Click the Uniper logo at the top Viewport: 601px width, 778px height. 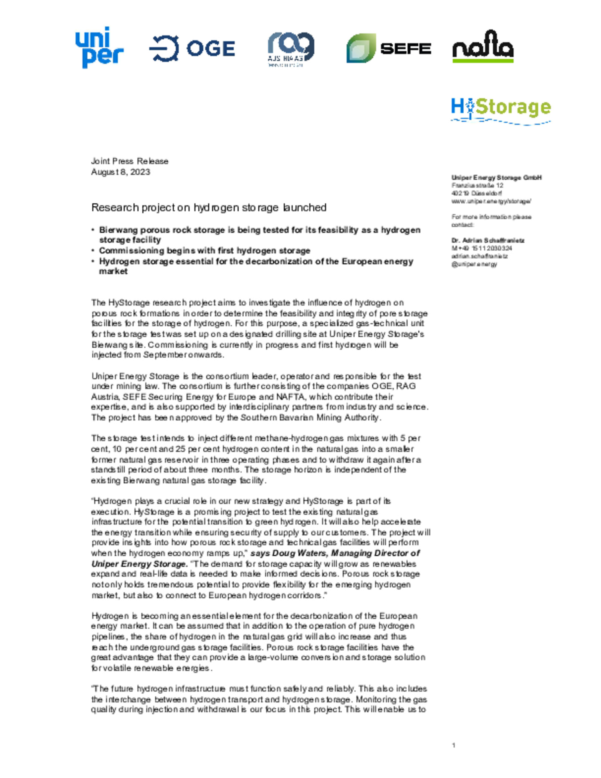pos(99,47)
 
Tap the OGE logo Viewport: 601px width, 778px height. pos(192,48)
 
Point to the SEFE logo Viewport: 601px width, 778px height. pos(389,48)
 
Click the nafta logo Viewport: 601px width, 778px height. pos(483,46)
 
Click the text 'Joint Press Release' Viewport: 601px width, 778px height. pos(130,161)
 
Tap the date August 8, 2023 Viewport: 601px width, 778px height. pos(121,172)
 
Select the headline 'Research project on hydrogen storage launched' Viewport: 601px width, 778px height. pos(209,207)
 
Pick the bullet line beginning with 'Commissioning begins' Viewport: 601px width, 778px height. pos(205,250)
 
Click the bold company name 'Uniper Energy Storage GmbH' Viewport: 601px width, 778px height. pos(496,177)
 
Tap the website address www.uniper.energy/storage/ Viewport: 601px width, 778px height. pos(491,201)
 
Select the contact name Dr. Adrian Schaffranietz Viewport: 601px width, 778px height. pos(488,240)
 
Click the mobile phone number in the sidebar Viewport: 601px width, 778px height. pos(482,248)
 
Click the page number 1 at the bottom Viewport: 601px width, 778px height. pos(454,745)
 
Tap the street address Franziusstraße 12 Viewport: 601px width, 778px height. pos(477,185)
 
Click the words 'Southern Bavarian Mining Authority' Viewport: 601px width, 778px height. pos(310,417)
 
